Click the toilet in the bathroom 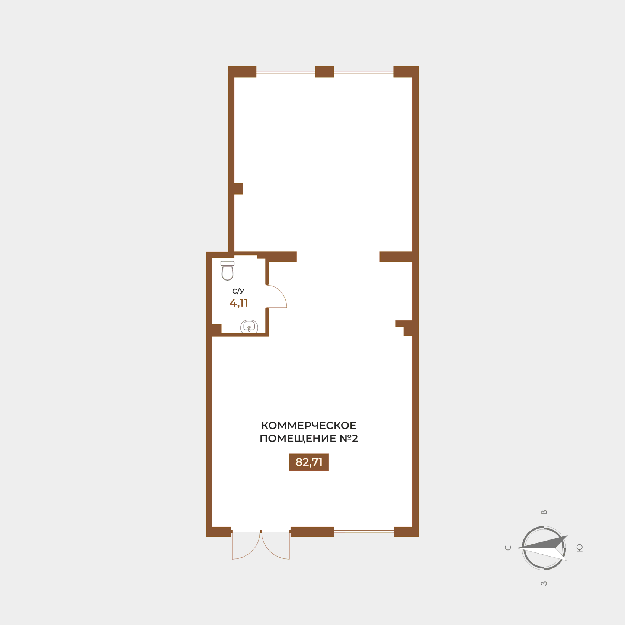(227, 270)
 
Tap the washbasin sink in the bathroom (249, 326)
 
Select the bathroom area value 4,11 (238, 303)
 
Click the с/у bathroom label (238, 291)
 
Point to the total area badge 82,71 (309, 462)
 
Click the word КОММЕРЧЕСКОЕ (309, 425)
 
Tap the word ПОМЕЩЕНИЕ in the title (298, 438)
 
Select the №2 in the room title (349, 438)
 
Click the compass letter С (508, 548)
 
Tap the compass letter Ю (579, 548)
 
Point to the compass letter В (544, 512)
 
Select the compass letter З (544, 583)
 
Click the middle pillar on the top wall (324, 71)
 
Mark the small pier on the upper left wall (238, 189)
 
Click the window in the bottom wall (364, 532)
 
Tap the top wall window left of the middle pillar (286, 72)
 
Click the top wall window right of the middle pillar (364, 72)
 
